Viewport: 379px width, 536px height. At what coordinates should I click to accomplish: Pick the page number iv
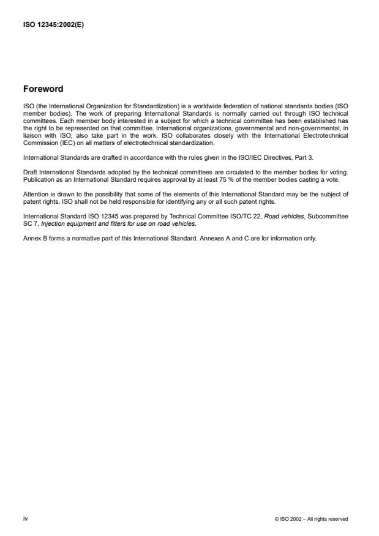point(26,518)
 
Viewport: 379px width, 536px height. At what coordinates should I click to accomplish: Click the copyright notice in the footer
point(311,519)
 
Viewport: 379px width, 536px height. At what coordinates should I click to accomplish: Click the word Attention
point(36,194)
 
